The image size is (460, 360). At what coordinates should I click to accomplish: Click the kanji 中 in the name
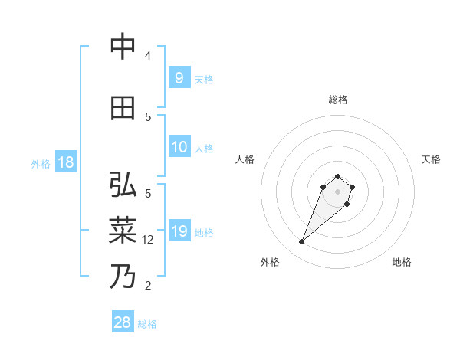[x=122, y=47]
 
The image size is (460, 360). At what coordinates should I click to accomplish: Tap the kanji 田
[x=122, y=109]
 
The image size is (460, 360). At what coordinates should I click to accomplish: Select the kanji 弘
[x=122, y=185]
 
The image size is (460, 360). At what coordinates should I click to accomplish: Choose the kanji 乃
[x=122, y=276]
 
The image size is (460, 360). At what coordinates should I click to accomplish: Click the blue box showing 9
[x=179, y=78]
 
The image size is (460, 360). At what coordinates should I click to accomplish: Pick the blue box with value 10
[x=179, y=147]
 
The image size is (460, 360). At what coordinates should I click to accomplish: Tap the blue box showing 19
[x=179, y=231]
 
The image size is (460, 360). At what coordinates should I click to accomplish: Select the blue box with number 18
[x=65, y=162]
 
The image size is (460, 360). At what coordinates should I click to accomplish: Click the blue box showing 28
[x=123, y=322]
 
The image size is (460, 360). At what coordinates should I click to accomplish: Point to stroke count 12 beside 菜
[x=149, y=239]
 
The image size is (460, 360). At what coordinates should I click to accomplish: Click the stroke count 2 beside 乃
[x=148, y=286]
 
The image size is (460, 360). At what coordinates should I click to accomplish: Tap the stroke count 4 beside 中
[x=148, y=56]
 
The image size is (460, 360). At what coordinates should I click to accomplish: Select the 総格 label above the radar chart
[x=338, y=100]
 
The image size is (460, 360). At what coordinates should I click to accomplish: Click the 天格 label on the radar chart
[x=431, y=159]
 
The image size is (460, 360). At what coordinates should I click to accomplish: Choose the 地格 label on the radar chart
[x=402, y=262]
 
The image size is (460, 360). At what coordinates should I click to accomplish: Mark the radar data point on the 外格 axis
[x=302, y=242]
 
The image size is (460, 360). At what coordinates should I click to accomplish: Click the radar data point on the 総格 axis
[x=338, y=173]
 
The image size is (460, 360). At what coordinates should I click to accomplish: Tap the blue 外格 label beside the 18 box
[x=40, y=163]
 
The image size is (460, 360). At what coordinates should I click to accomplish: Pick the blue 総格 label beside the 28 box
[x=147, y=324]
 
